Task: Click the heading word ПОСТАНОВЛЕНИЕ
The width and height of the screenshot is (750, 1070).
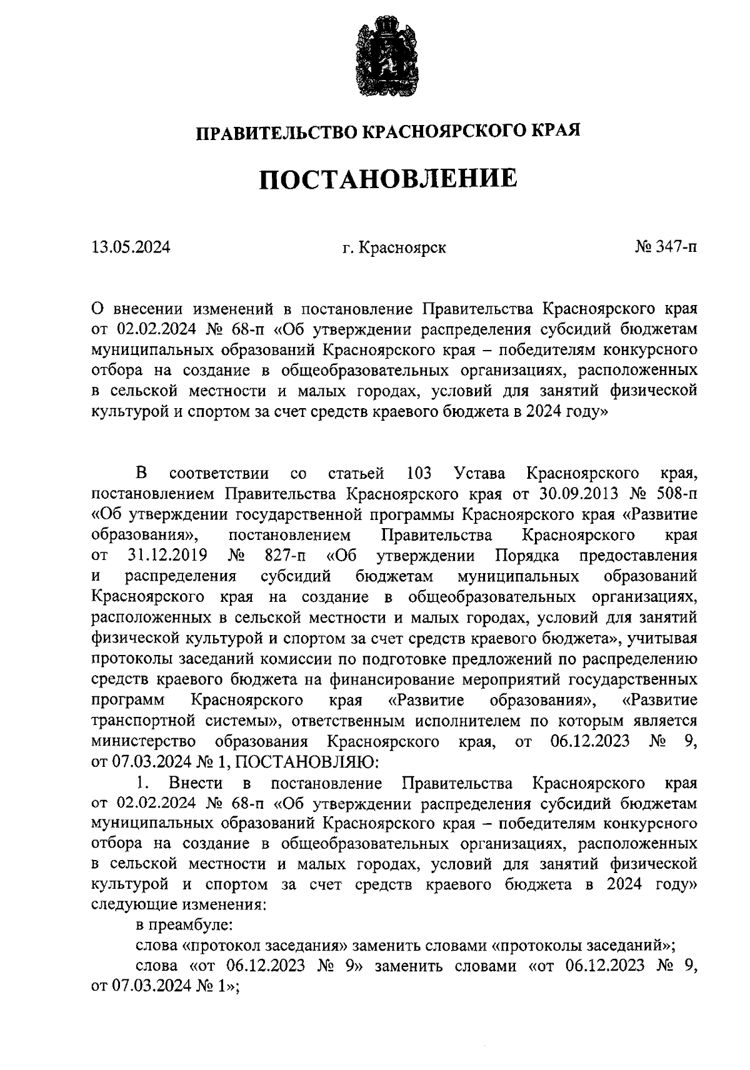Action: pyautogui.click(x=388, y=179)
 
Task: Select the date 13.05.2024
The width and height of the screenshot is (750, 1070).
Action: pyautogui.click(x=131, y=247)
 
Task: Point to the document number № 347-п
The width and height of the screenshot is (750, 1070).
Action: pyautogui.click(x=666, y=247)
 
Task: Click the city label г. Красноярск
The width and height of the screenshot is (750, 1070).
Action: pyautogui.click(x=394, y=247)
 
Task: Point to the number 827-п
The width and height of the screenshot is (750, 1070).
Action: pyautogui.click(x=285, y=555)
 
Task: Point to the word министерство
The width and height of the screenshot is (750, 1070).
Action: pyautogui.click(x=144, y=741)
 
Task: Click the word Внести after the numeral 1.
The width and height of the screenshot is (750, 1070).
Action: pyautogui.click(x=196, y=782)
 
